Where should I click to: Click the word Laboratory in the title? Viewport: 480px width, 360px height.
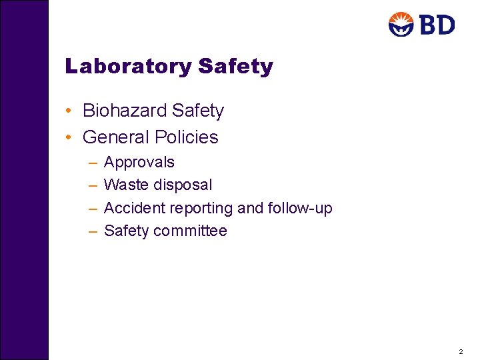pos(129,67)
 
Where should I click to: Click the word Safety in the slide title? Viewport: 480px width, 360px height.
pos(236,67)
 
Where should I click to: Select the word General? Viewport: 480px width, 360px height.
pos(116,137)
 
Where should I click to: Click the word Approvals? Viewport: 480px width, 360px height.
pos(139,163)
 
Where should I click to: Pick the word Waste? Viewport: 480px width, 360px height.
pos(125,185)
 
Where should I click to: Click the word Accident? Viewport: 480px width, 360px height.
pos(135,208)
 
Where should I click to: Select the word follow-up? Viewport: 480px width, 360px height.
pos(299,209)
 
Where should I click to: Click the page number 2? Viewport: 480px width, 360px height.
pos(460,351)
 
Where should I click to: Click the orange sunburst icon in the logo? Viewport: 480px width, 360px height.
pos(401,25)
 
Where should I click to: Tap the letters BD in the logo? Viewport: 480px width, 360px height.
pos(437,25)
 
